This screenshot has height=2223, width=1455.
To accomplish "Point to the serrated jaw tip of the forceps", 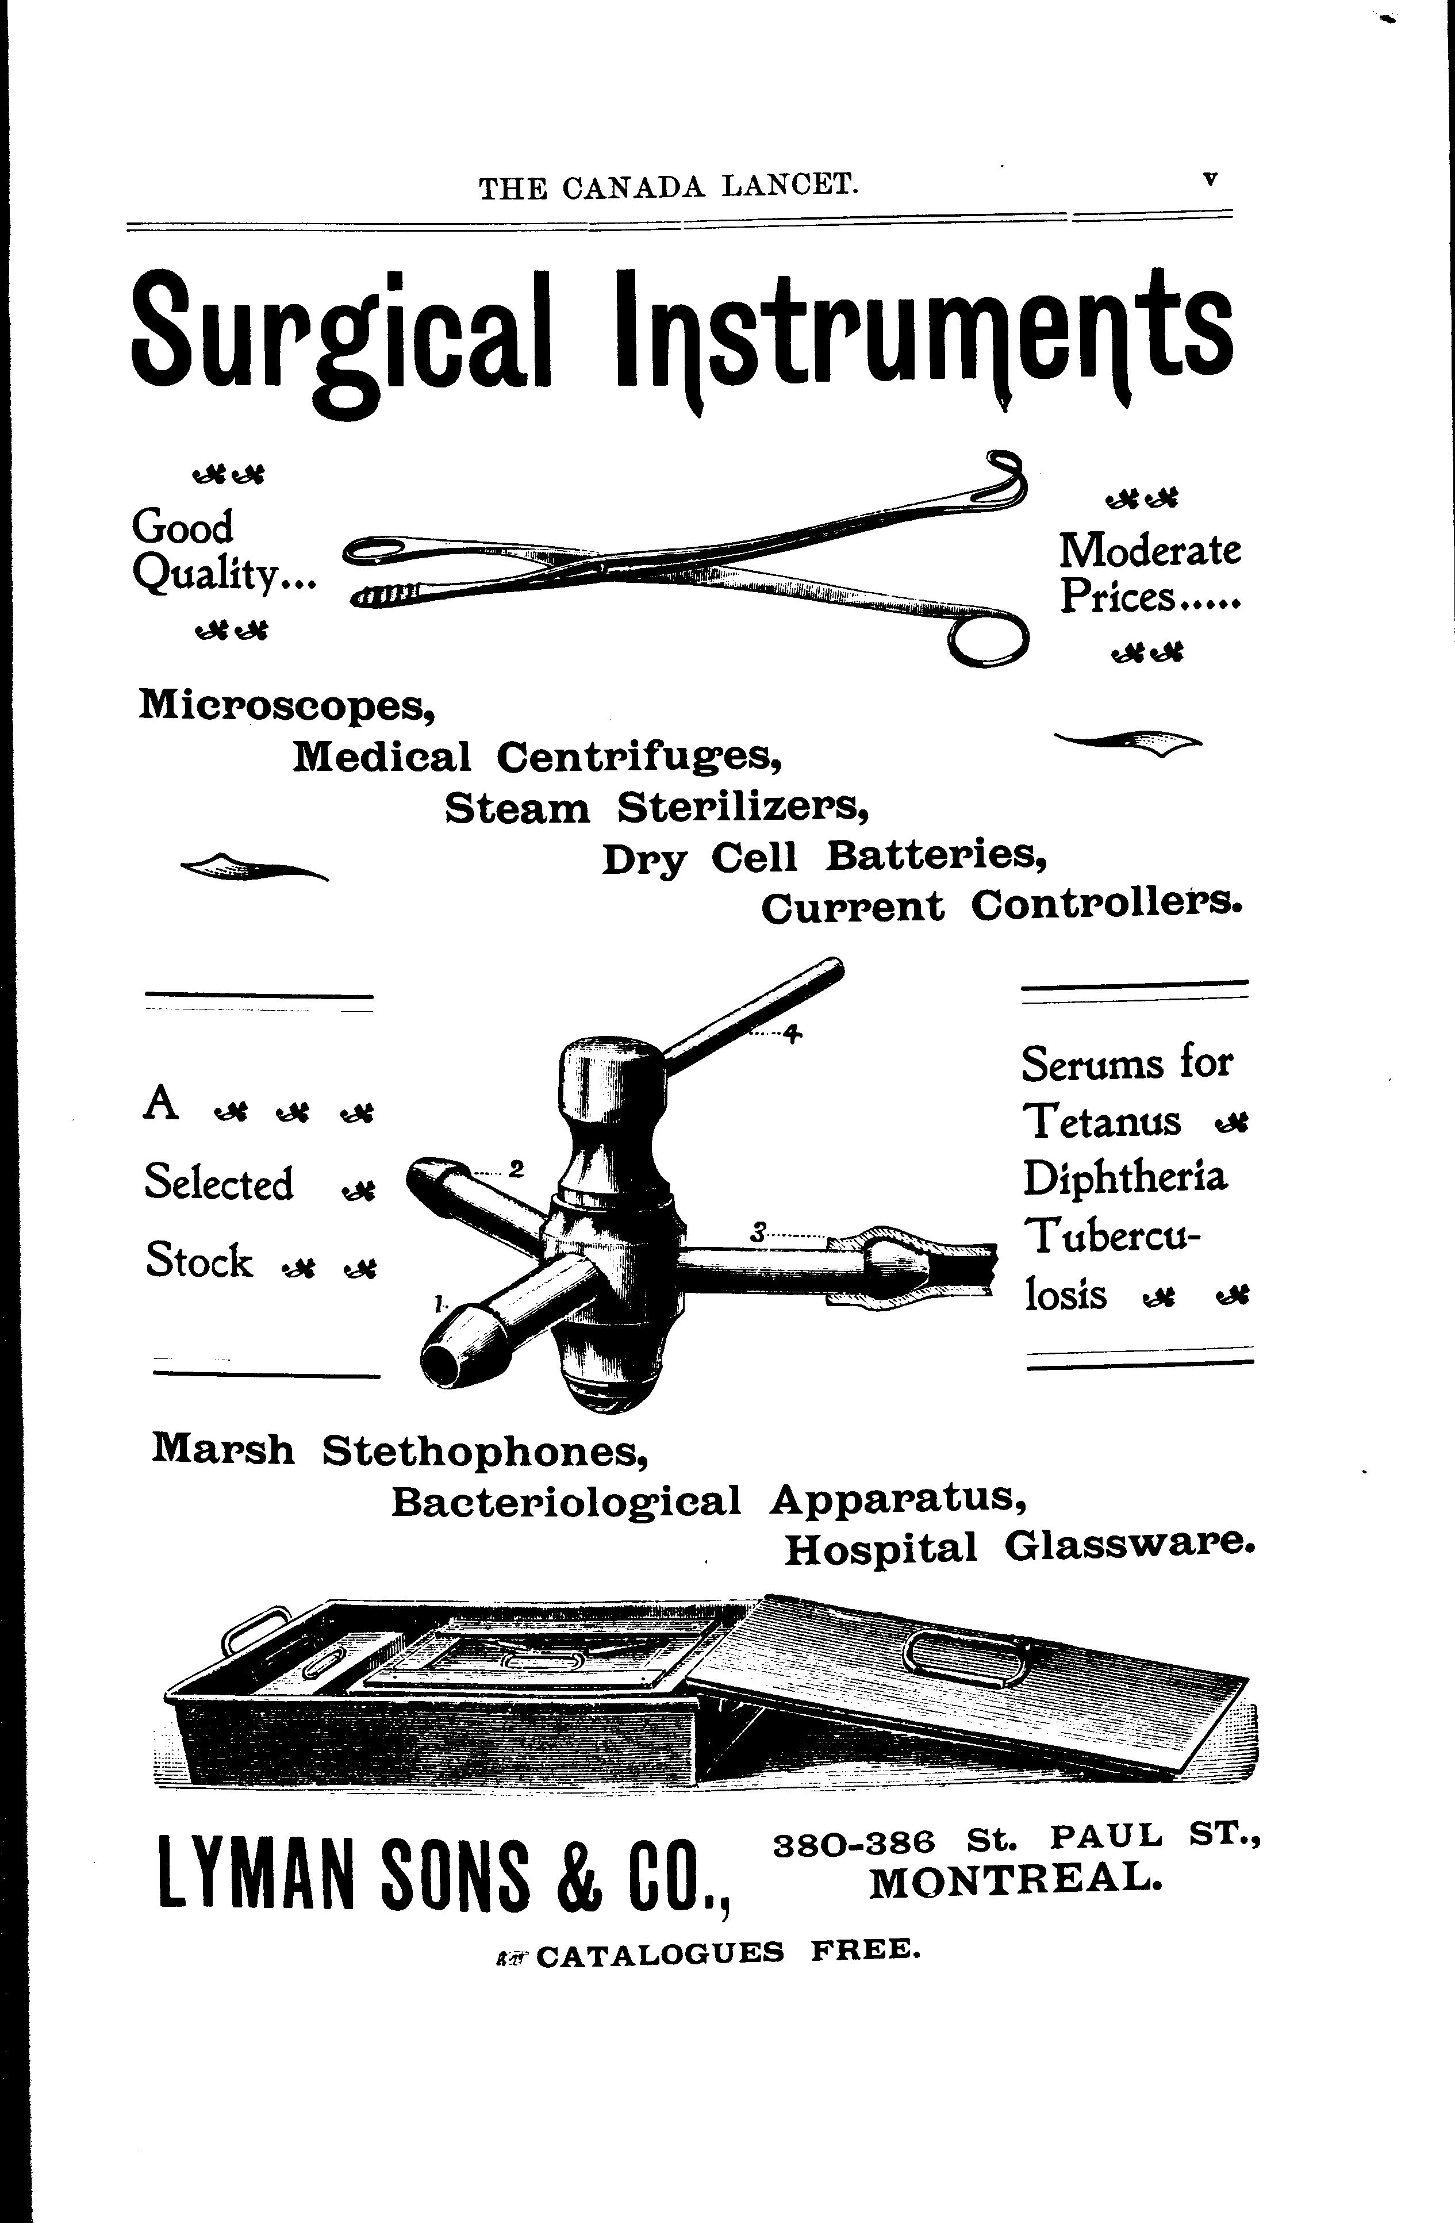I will (x=383, y=593).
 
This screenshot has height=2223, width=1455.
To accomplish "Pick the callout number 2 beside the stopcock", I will (x=516, y=1169).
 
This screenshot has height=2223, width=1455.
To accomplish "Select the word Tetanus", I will (x=1102, y=1121).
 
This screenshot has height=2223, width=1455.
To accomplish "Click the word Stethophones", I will (x=486, y=1450).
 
